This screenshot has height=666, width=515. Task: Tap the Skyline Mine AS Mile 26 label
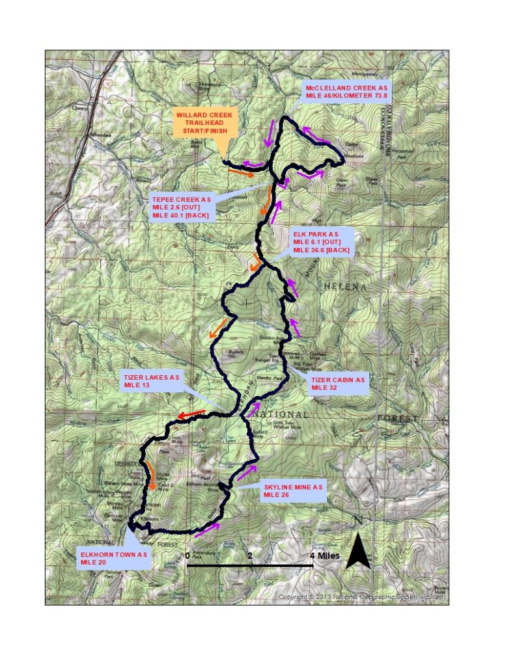(292, 490)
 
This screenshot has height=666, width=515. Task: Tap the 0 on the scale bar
(188, 556)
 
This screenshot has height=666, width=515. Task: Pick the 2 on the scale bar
(250, 556)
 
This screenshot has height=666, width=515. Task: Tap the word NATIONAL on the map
(280, 414)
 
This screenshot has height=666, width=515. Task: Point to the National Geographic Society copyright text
(362, 597)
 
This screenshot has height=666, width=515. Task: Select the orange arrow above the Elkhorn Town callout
(151, 477)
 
